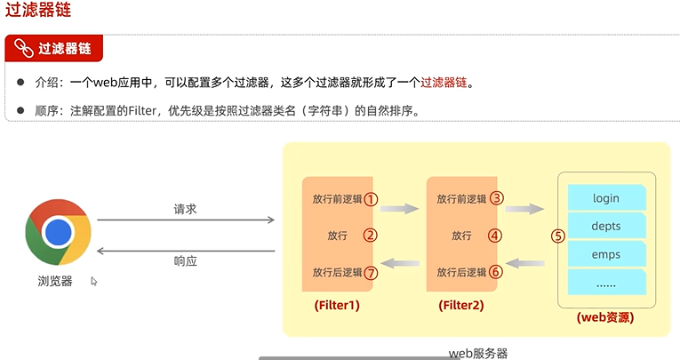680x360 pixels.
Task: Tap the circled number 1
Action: (x=372, y=200)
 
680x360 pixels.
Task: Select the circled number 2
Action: (x=372, y=236)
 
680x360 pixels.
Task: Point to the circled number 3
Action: (x=497, y=200)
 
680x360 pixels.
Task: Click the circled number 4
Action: (x=497, y=236)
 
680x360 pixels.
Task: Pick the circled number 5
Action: (x=558, y=236)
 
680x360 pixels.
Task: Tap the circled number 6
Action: (x=497, y=272)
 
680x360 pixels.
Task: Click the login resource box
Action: (x=605, y=197)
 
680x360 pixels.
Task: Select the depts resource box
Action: (x=605, y=226)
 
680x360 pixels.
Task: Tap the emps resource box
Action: (x=605, y=254)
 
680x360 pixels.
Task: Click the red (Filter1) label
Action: (x=337, y=305)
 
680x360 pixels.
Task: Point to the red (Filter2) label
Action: (x=460, y=305)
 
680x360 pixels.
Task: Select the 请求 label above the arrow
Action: (x=185, y=210)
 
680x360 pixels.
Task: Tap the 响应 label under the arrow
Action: (x=185, y=262)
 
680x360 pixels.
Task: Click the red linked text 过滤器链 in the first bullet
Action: (x=444, y=83)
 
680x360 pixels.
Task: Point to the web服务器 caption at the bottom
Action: (x=478, y=353)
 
